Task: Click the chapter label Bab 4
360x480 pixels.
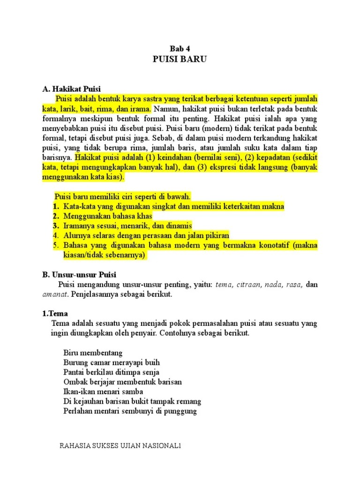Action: (x=180, y=48)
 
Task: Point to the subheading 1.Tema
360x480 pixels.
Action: (x=54, y=314)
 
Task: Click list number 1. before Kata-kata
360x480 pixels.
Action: (x=56, y=206)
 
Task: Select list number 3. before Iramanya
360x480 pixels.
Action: (x=56, y=226)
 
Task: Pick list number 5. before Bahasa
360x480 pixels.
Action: (x=56, y=246)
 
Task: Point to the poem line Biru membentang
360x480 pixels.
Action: (x=92, y=352)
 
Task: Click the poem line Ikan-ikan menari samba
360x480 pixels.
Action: (x=103, y=391)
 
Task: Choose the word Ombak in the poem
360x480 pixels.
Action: (x=74, y=382)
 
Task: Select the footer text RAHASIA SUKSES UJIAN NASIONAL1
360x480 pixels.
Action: (x=120, y=446)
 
